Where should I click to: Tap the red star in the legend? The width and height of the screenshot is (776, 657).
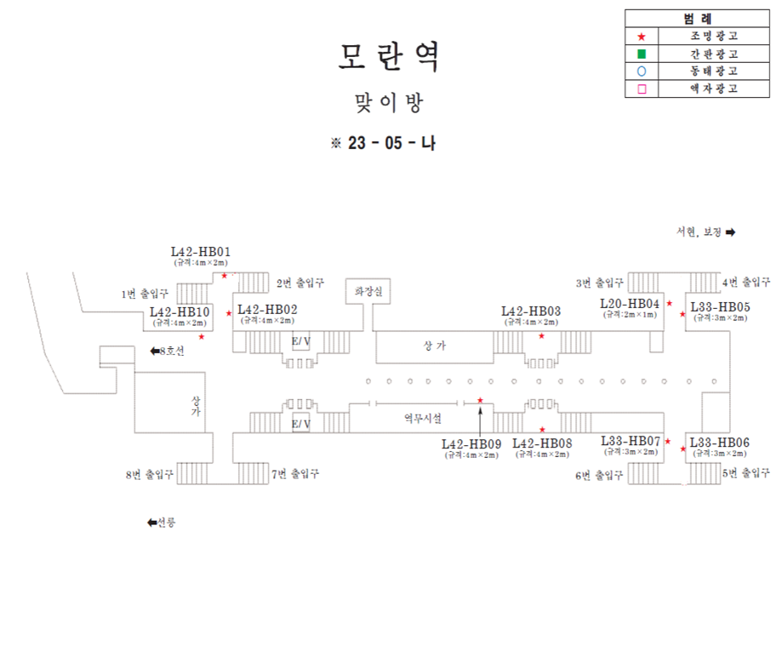point(642,37)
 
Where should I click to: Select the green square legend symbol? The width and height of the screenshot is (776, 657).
point(642,54)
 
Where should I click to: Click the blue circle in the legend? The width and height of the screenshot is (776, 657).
point(642,71)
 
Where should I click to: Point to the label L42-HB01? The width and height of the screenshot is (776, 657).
point(201,252)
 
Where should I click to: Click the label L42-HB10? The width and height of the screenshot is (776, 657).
point(180,311)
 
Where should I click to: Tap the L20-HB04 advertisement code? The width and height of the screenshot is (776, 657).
point(630,304)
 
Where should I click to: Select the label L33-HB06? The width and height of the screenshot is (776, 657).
point(720,443)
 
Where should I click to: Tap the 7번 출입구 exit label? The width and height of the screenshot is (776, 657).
point(295,474)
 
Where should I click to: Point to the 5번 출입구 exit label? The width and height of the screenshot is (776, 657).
point(746,473)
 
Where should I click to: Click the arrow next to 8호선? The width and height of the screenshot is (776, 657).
point(155,351)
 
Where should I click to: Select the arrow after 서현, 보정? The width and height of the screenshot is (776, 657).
point(730,231)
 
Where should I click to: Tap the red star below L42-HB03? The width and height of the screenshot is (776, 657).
point(542,336)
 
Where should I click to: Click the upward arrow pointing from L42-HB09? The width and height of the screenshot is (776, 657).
point(481,420)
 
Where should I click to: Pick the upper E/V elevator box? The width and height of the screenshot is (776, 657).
point(300,342)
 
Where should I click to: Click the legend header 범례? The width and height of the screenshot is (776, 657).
point(698,19)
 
